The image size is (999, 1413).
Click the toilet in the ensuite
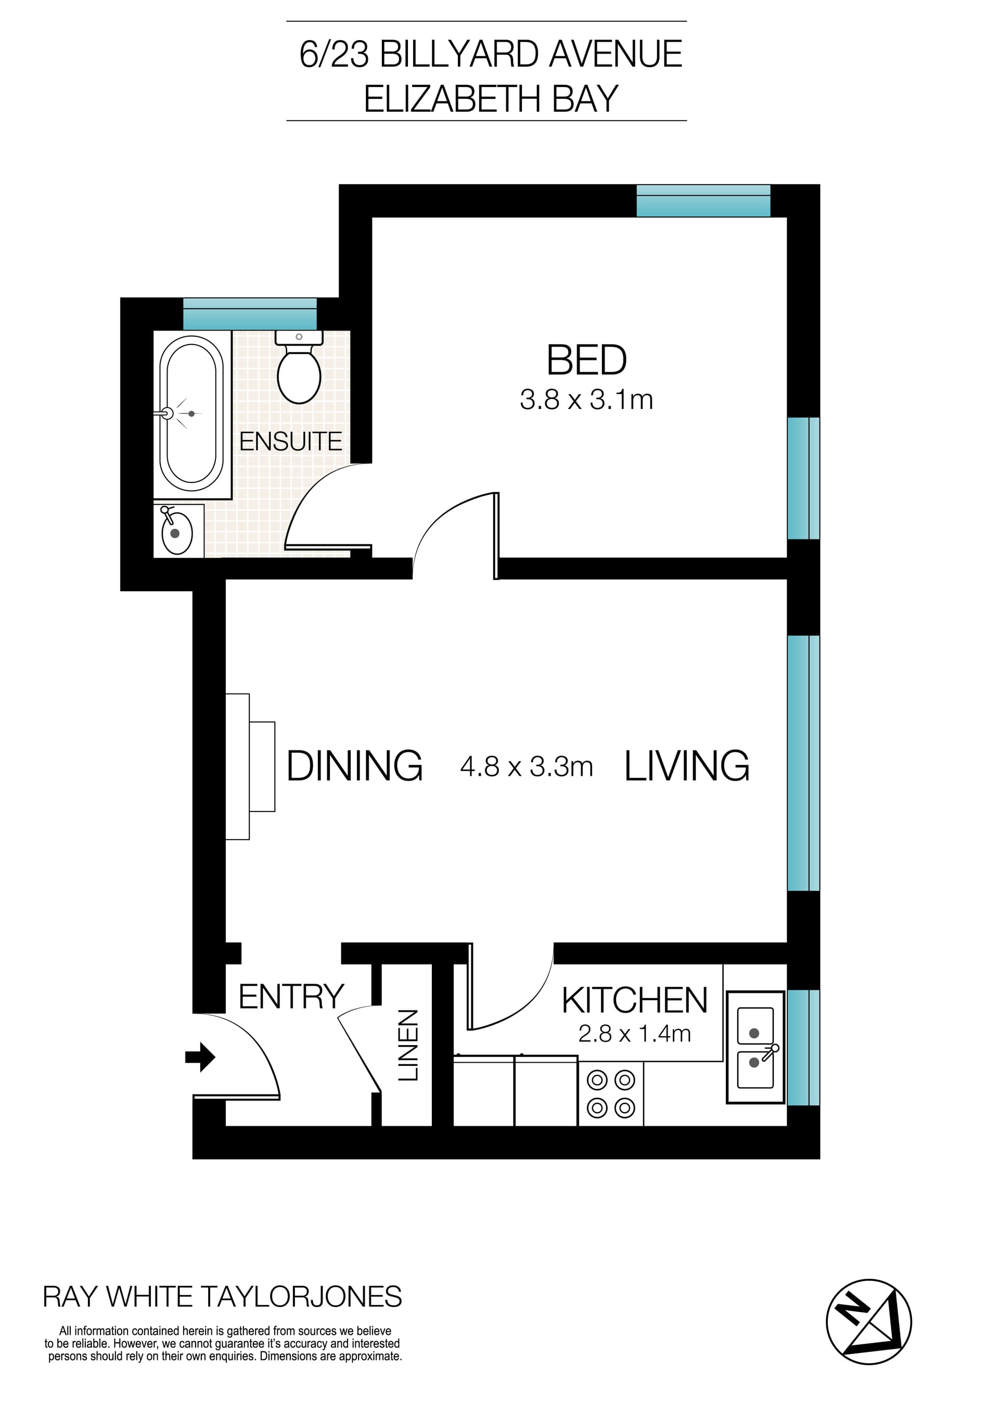(x=299, y=369)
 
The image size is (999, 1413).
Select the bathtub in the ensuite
(x=191, y=414)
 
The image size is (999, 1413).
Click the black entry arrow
(x=200, y=1058)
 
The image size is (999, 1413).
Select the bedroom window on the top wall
(x=702, y=201)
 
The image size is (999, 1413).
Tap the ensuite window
(x=250, y=314)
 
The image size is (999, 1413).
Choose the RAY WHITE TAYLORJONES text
(x=222, y=1297)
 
